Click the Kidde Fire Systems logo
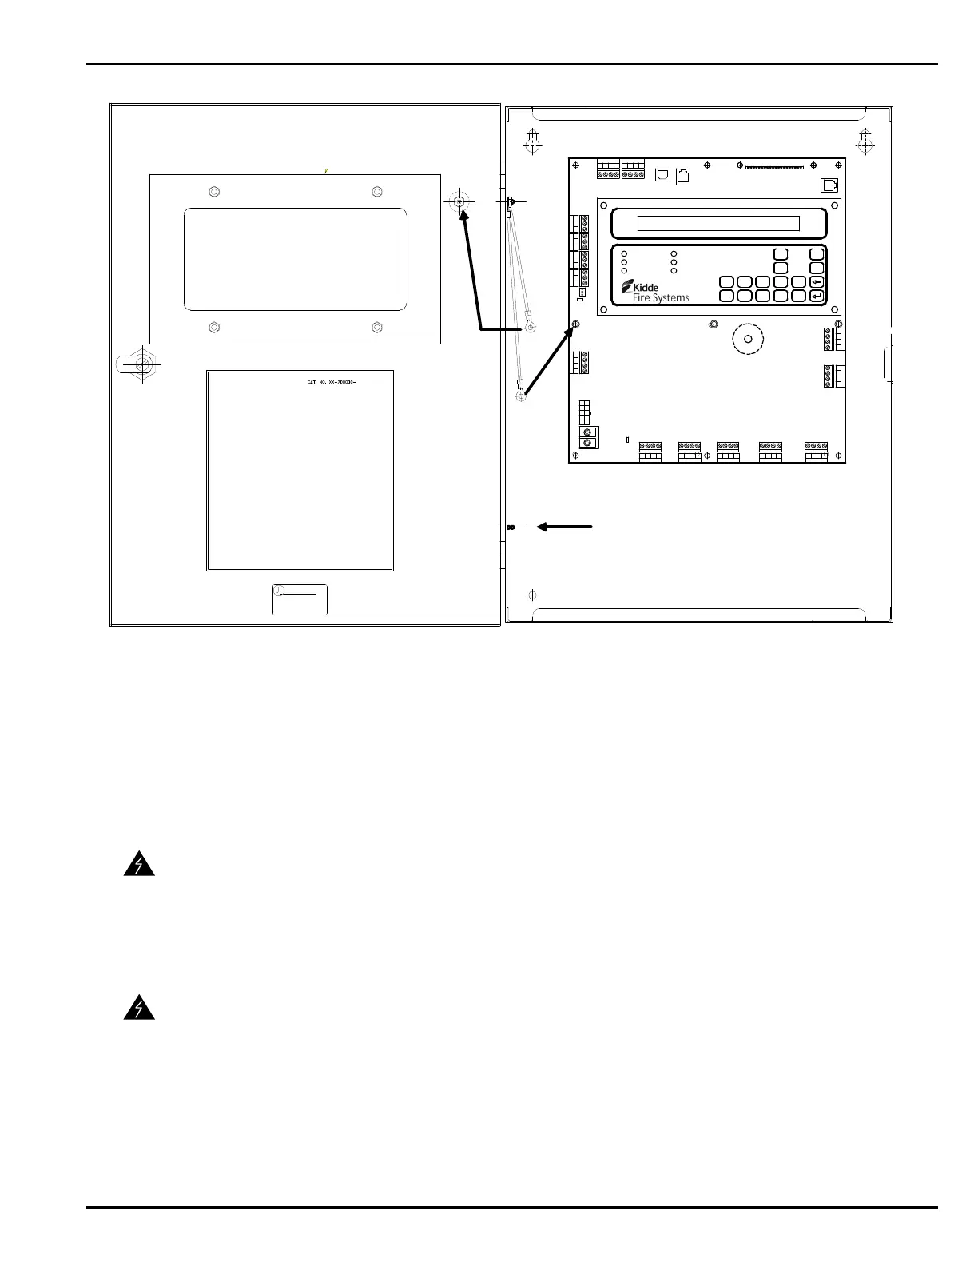tap(654, 291)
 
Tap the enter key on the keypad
tap(817, 296)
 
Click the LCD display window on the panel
tap(718, 223)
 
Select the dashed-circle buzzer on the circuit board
tap(748, 340)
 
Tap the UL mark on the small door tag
tap(279, 591)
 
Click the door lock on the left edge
tap(141, 364)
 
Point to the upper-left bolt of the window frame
tap(213, 192)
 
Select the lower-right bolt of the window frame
tap(377, 327)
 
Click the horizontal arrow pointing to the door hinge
tap(564, 527)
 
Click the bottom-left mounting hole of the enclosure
tap(533, 595)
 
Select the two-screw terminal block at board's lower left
tap(589, 437)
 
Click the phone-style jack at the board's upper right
tap(830, 185)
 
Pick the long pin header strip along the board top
tap(774, 168)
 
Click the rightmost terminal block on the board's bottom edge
tap(816, 452)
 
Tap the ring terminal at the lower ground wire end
tap(521, 396)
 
